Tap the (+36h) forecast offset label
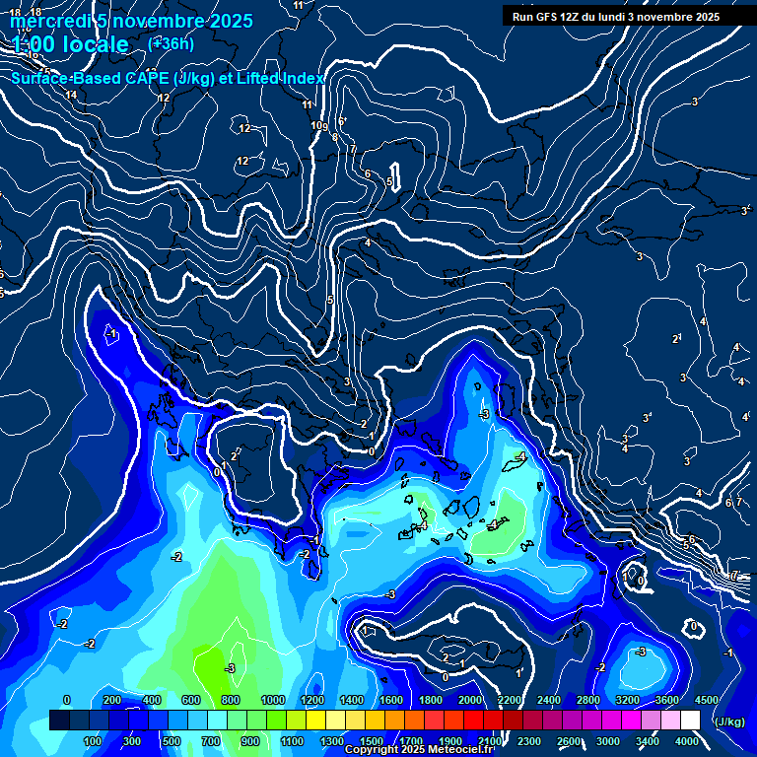coord(171,43)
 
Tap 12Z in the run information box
coord(576,17)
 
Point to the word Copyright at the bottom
coord(373,750)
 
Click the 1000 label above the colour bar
coord(272,700)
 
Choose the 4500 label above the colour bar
coord(707,700)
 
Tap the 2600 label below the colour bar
coord(569,741)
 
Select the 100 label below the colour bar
coord(93,741)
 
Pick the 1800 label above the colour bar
coord(430,700)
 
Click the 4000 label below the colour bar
coord(687,741)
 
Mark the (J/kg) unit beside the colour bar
coord(730,722)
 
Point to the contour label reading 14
coord(71,96)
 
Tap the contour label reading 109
coord(318,126)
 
